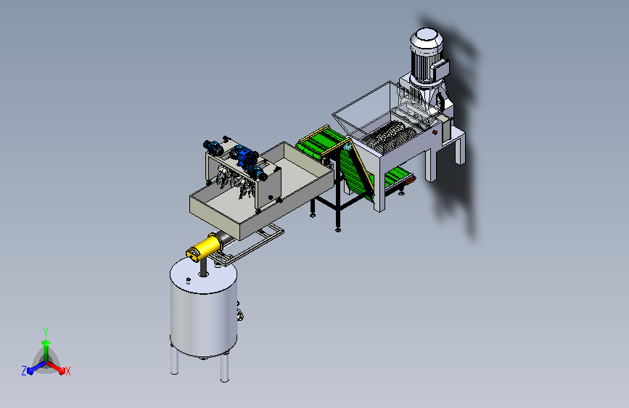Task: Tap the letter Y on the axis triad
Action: point(46,332)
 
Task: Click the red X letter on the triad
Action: point(67,371)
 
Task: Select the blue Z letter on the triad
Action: point(24,371)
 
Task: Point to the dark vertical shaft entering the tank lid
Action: point(203,267)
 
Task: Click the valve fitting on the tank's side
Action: point(240,315)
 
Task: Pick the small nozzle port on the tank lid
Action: point(188,280)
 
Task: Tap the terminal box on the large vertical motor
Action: point(440,70)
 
